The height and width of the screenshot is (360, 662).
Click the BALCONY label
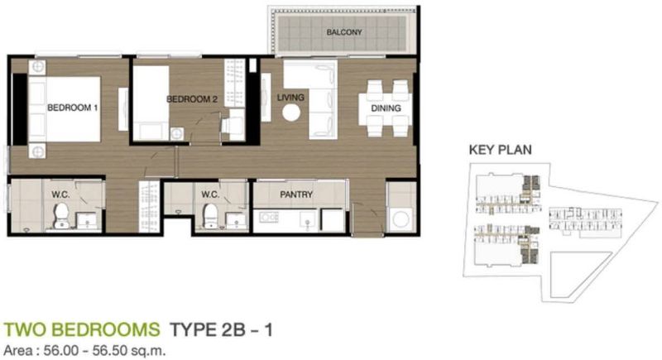[x=344, y=32]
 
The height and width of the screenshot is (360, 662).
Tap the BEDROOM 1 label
[x=72, y=108]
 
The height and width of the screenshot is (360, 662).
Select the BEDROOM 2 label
[x=192, y=99]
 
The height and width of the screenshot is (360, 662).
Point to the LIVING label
[x=290, y=98]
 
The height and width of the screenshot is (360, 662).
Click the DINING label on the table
[x=386, y=108]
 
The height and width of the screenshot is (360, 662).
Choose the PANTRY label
[x=296, y=194]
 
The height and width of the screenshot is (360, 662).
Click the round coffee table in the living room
[x=291, y=113]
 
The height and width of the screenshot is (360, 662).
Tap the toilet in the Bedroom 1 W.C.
[x=61, y=215]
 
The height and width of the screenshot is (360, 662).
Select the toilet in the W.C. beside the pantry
[x=210, y=215]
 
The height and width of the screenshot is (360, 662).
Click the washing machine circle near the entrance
[x=401, y=219]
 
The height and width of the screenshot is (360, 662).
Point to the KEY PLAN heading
[x=501, y=150]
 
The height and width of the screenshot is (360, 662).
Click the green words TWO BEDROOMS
[x=82, y=329]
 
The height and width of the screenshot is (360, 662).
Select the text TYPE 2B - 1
[x=221, y=329]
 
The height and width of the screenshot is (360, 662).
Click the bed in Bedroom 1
[x=65, y=109]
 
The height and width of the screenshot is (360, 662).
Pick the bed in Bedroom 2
[x=151, y=103]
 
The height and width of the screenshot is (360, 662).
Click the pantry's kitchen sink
[x=307, y=219]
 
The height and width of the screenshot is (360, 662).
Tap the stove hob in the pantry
[x=269, y=218]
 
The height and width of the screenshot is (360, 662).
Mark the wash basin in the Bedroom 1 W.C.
[x=88, y=220]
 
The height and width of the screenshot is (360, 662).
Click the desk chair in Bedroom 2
[x=233, y=125]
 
